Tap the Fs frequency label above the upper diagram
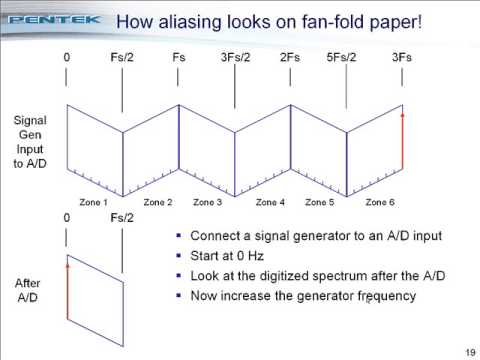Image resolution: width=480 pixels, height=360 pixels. pyautogui.click(x=179, y=58)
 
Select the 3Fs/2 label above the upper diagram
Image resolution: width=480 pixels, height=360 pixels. pyautogui.click(x=235, y=58)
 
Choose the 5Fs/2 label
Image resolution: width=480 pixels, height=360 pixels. pyautogui.click(x=346, y=58)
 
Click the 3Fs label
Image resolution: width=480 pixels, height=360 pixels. pyautogui.click(x=402, y=58)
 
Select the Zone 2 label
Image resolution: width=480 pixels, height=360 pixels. pyautogui.click(x=157, y=202)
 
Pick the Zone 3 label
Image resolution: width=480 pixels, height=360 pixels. pyautogui.click(x=209, y=202)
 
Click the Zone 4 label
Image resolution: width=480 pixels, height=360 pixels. pyautogui.click(x=269, y=202)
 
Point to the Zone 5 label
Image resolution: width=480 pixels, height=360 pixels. pyautogui.click(x=319, y=202)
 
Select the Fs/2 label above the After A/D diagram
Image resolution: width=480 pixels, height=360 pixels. pyautogui.click(x=122, y=217)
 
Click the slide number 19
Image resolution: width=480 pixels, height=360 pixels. pyautogui.click(x=469, y=351)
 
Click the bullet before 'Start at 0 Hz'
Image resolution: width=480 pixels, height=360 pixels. pyautogui.click(x=178, y=255)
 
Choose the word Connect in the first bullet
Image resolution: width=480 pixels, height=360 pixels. pyautogui.click(x=213, y=236)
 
